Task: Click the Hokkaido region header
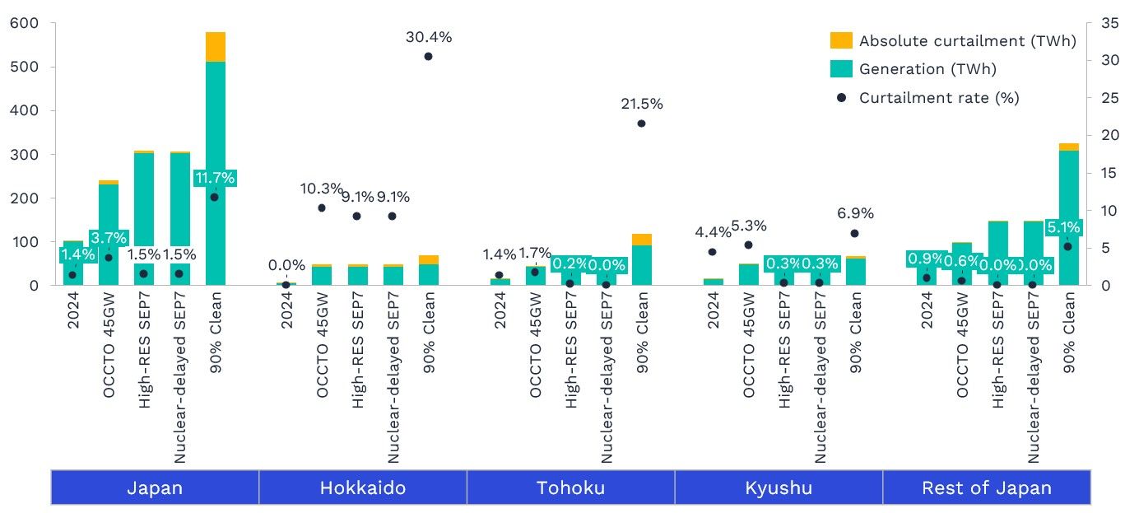[362, 487]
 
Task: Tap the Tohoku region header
[570, 487]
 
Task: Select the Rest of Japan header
[986, 487]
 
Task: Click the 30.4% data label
[429, 37]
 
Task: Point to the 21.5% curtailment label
[641, 104]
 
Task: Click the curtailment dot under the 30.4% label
[428, 56]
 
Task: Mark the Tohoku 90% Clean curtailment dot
[641, 124]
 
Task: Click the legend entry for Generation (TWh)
[927, 69]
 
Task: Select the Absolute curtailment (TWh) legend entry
[967, 41]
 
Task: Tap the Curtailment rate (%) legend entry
[938, 97]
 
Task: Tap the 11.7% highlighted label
[216, 178]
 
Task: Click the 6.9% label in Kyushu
[854, 213]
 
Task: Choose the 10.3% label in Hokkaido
[320, 189]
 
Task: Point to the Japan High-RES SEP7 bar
[144, 206]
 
